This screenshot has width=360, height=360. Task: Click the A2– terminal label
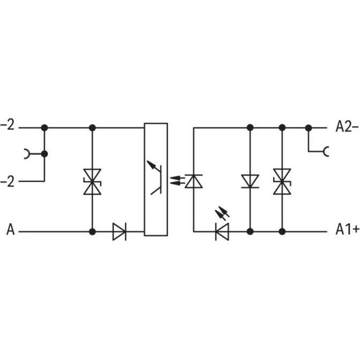[347, 127]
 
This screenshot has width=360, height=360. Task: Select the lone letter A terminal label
[10, 231]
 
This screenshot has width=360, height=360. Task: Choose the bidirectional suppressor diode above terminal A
[92, 181]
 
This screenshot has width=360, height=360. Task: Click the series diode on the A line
[119, 232]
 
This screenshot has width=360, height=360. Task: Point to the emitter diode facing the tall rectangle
[194, 181]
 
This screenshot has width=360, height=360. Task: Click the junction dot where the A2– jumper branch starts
[308, 128]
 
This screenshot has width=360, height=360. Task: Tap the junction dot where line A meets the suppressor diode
[92, 232]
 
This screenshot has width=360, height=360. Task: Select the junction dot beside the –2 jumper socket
[45, 154]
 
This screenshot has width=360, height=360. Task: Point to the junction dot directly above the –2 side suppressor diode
[92, 128]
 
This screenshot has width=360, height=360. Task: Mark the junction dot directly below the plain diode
[249, 232]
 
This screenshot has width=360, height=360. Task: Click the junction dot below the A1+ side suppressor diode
[282, 232]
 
